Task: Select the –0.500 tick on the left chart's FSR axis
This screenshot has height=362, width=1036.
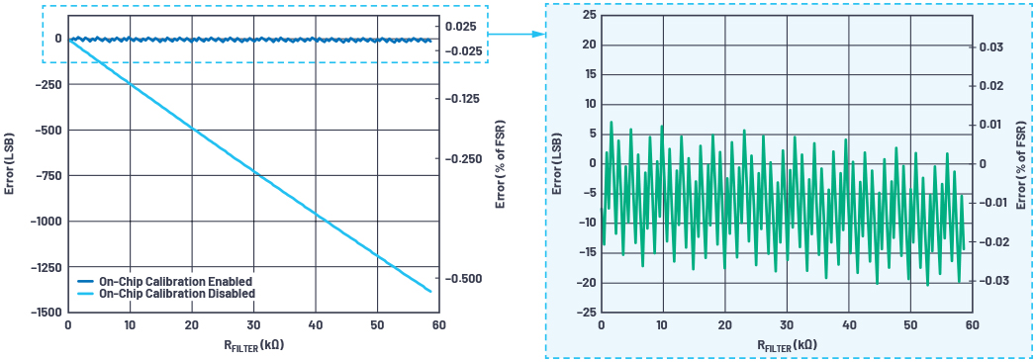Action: (x=470, y=278)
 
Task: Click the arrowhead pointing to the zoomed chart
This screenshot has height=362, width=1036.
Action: (x=539, y=34)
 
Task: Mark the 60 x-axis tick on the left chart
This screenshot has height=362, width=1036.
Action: (x=438, y=325)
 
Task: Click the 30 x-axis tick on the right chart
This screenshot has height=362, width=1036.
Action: (x=787, y=325)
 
